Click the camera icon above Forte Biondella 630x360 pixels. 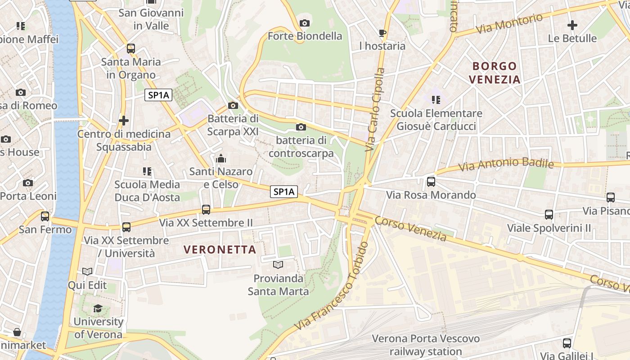pos(305,23)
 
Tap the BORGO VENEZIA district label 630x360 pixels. pos(495,73)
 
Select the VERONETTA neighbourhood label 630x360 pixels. pos(220,249)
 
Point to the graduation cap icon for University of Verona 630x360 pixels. pos(98,309)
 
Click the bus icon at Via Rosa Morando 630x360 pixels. pos(431,182)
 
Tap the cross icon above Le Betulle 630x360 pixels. pos(572,25)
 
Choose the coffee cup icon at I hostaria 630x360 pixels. pos(382,33)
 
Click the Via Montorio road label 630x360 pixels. pos(509,23)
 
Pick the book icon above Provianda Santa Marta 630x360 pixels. pos(279,265)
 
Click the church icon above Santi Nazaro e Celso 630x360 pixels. pos(221,158)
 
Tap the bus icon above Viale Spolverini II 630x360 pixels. pos(549,215)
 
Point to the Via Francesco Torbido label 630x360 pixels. pos(332,286)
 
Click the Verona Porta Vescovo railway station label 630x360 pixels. pos(426,345)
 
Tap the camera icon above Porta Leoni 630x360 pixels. pos(28,183)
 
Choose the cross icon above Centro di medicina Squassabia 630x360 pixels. pos(124,121)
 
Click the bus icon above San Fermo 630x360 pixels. pos(45,216)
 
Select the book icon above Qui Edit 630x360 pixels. pos(87,271)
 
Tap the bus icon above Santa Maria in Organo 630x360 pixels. pos(131,49)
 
